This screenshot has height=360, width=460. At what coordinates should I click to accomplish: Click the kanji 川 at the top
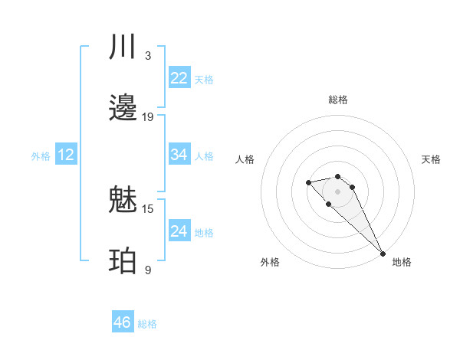(x=123, y=47)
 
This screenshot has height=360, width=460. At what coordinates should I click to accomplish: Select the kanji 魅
(x=123, y=201)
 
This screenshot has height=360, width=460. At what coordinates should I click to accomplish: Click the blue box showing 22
(x=179, y=78)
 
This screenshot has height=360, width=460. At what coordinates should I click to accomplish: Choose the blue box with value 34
(x=179, y=155)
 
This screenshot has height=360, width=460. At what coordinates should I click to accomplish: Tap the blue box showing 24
(x=179, y=231)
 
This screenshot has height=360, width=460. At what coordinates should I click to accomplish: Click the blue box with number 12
(x=66, y=155)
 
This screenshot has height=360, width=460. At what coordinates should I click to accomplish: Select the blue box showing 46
(x=123, y=322)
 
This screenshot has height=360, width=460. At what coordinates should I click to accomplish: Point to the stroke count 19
(x=148, y=117)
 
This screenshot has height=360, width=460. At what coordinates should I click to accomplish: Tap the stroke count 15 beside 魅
(x=148, y=208)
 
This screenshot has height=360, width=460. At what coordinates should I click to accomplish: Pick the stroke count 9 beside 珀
(x=148, y=270)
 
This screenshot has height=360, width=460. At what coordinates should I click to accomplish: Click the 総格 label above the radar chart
(x=338, y=100)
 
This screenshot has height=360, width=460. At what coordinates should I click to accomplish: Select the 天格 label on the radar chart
(x=431, y=159)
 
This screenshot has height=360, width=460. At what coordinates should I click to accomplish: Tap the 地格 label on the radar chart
(x=402, y=262)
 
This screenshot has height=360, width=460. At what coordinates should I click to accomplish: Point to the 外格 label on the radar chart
(x=270, y=262)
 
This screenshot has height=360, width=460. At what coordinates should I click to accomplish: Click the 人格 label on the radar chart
(x=245, y=159)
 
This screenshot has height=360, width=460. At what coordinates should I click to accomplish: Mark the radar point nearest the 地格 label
(x=383, y=253)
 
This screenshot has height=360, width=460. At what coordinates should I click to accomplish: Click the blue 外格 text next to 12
(x=41, y=155)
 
